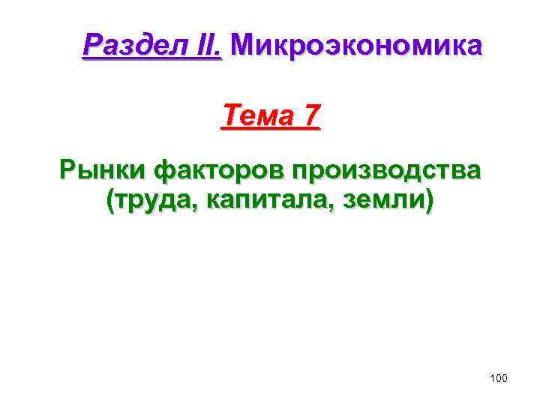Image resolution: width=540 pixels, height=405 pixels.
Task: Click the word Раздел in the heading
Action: coord(130,46)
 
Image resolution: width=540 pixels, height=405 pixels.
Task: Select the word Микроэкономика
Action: coord(357,46)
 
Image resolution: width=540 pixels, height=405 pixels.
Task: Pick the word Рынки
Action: coord(103,171)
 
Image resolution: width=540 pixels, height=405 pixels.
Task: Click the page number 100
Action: coord(498,379)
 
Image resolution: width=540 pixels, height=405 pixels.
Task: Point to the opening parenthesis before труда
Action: coord(112,201)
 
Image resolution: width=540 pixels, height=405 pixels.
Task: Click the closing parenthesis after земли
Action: coord(428,201)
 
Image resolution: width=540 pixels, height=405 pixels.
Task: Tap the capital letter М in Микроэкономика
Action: coord(243,46)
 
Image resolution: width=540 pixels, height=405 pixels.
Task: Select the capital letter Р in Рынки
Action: coord(67,171)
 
